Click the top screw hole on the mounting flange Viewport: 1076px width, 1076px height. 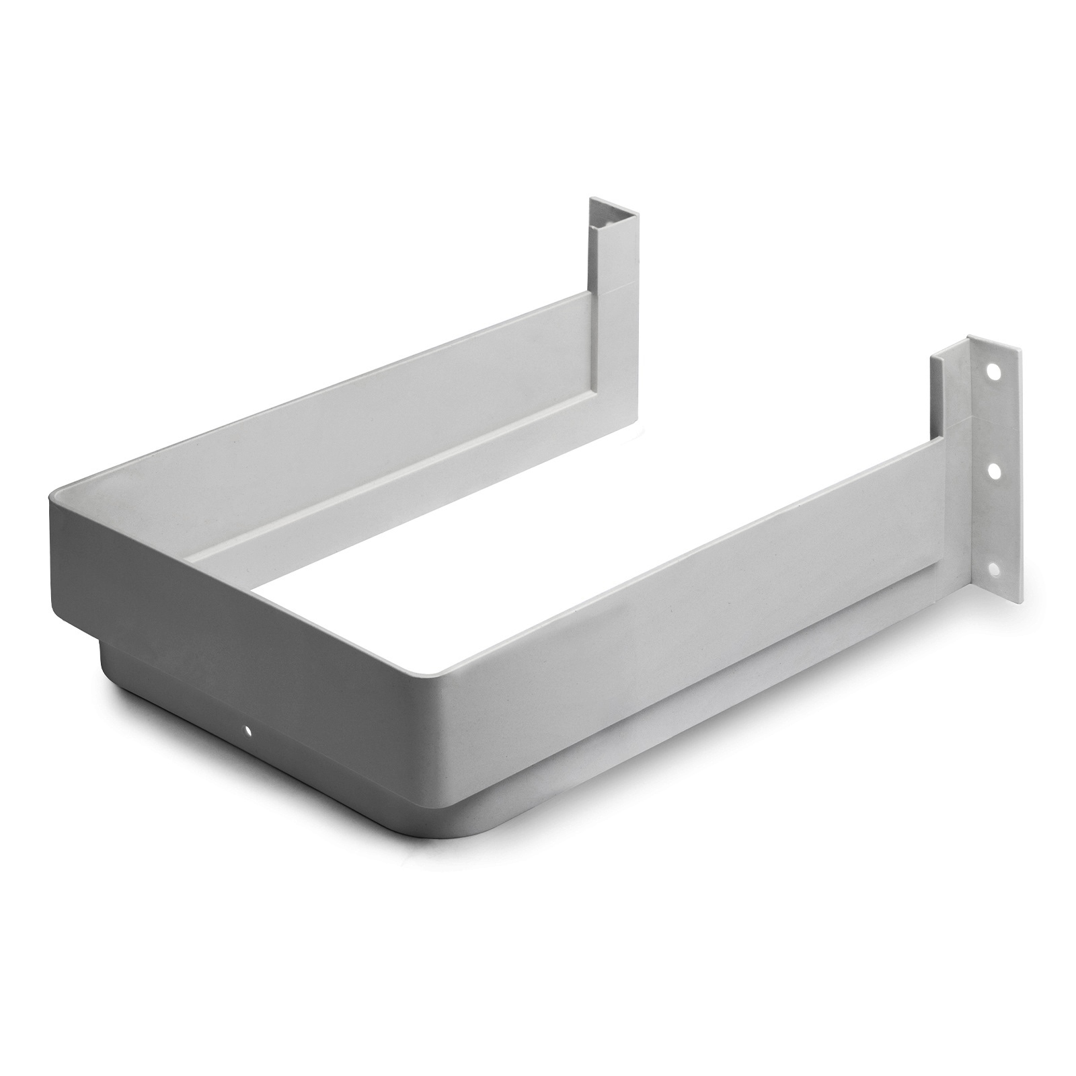click(991, 371)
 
